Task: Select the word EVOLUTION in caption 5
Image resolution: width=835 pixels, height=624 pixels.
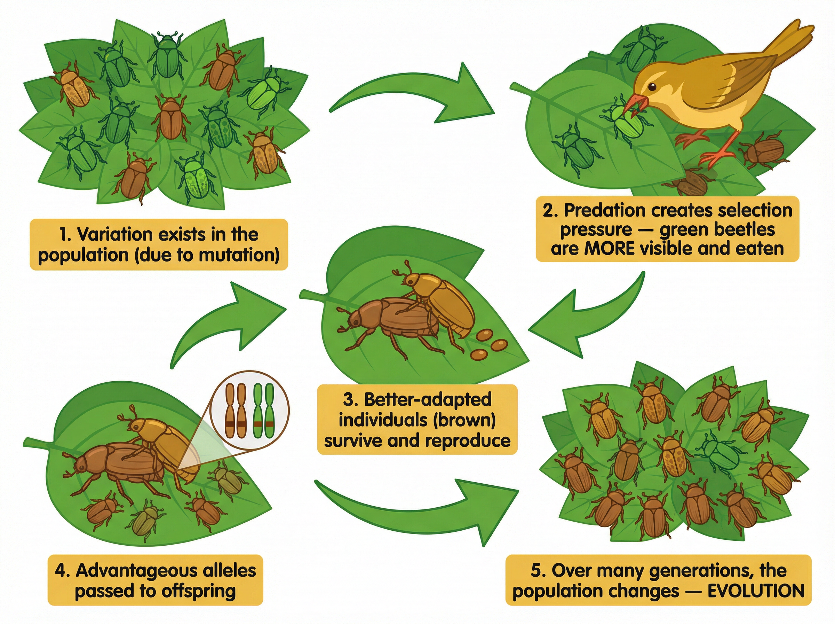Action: [x=756, y=591]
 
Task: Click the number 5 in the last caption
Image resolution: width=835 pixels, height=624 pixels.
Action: [x=536, y=570]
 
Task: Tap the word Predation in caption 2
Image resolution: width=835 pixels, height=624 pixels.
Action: [x=604, y=210]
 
